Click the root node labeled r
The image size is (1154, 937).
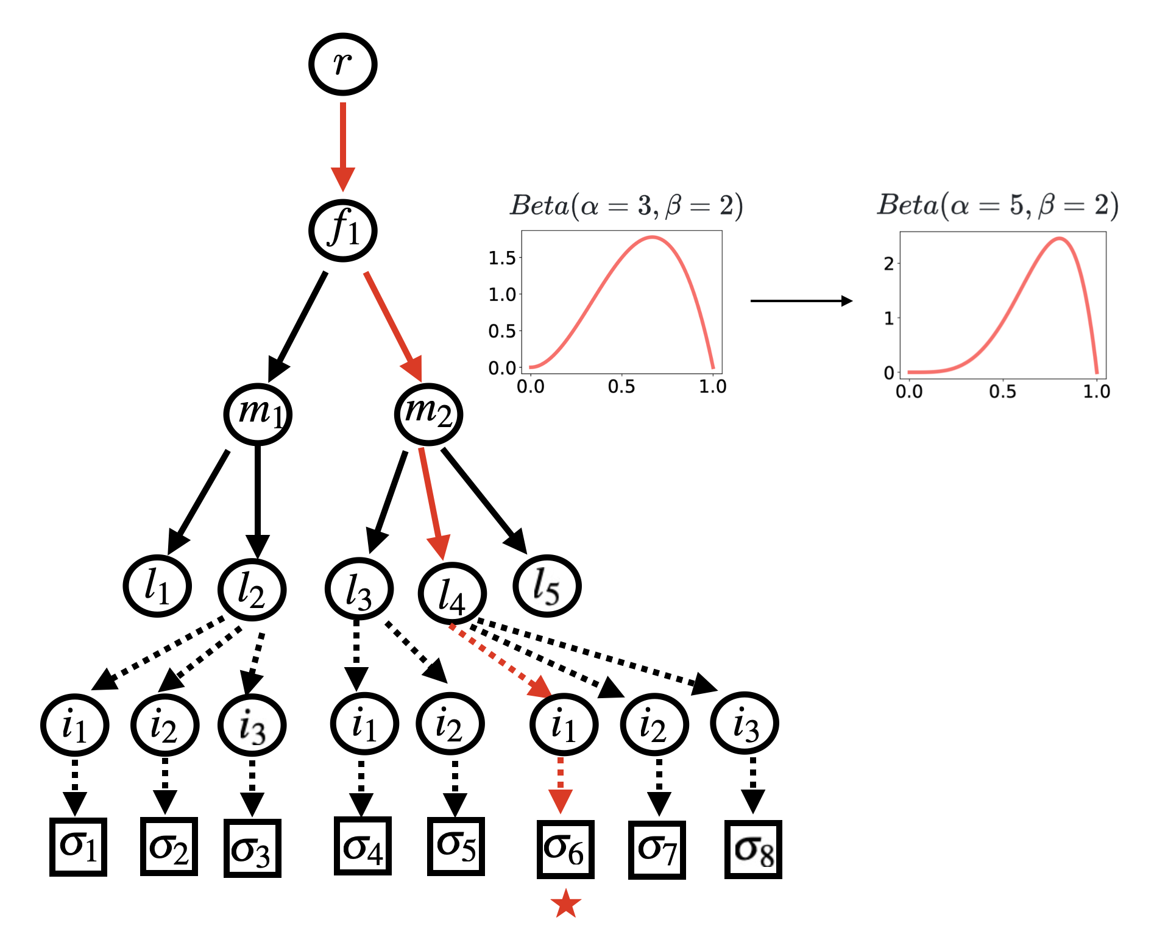[x=342, y=64]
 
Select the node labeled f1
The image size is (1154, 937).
[x=342, y=230]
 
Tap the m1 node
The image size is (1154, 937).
[x=258, y=414]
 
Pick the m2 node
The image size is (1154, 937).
[x=428, y=414]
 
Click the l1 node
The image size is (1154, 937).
[x=157, y=586]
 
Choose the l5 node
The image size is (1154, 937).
[x=547, y=586]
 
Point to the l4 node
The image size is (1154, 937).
[x=452, y=593]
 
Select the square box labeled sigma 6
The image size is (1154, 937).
[x=565, y=849]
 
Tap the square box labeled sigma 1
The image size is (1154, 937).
[x=78, y=847]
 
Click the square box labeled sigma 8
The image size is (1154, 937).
[x=753, y=849]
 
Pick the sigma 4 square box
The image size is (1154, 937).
[x=363, y=846]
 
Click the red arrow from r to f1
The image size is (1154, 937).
[x=343, y=146]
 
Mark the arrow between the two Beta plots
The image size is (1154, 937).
[x=801, y=300]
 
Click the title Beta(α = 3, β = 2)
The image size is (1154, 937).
[x=626, y=206]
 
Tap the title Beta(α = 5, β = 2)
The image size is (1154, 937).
[x=997, y=205]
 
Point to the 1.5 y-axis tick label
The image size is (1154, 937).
[x=502, y=258]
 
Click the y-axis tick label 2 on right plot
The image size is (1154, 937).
[x=889, y=264]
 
